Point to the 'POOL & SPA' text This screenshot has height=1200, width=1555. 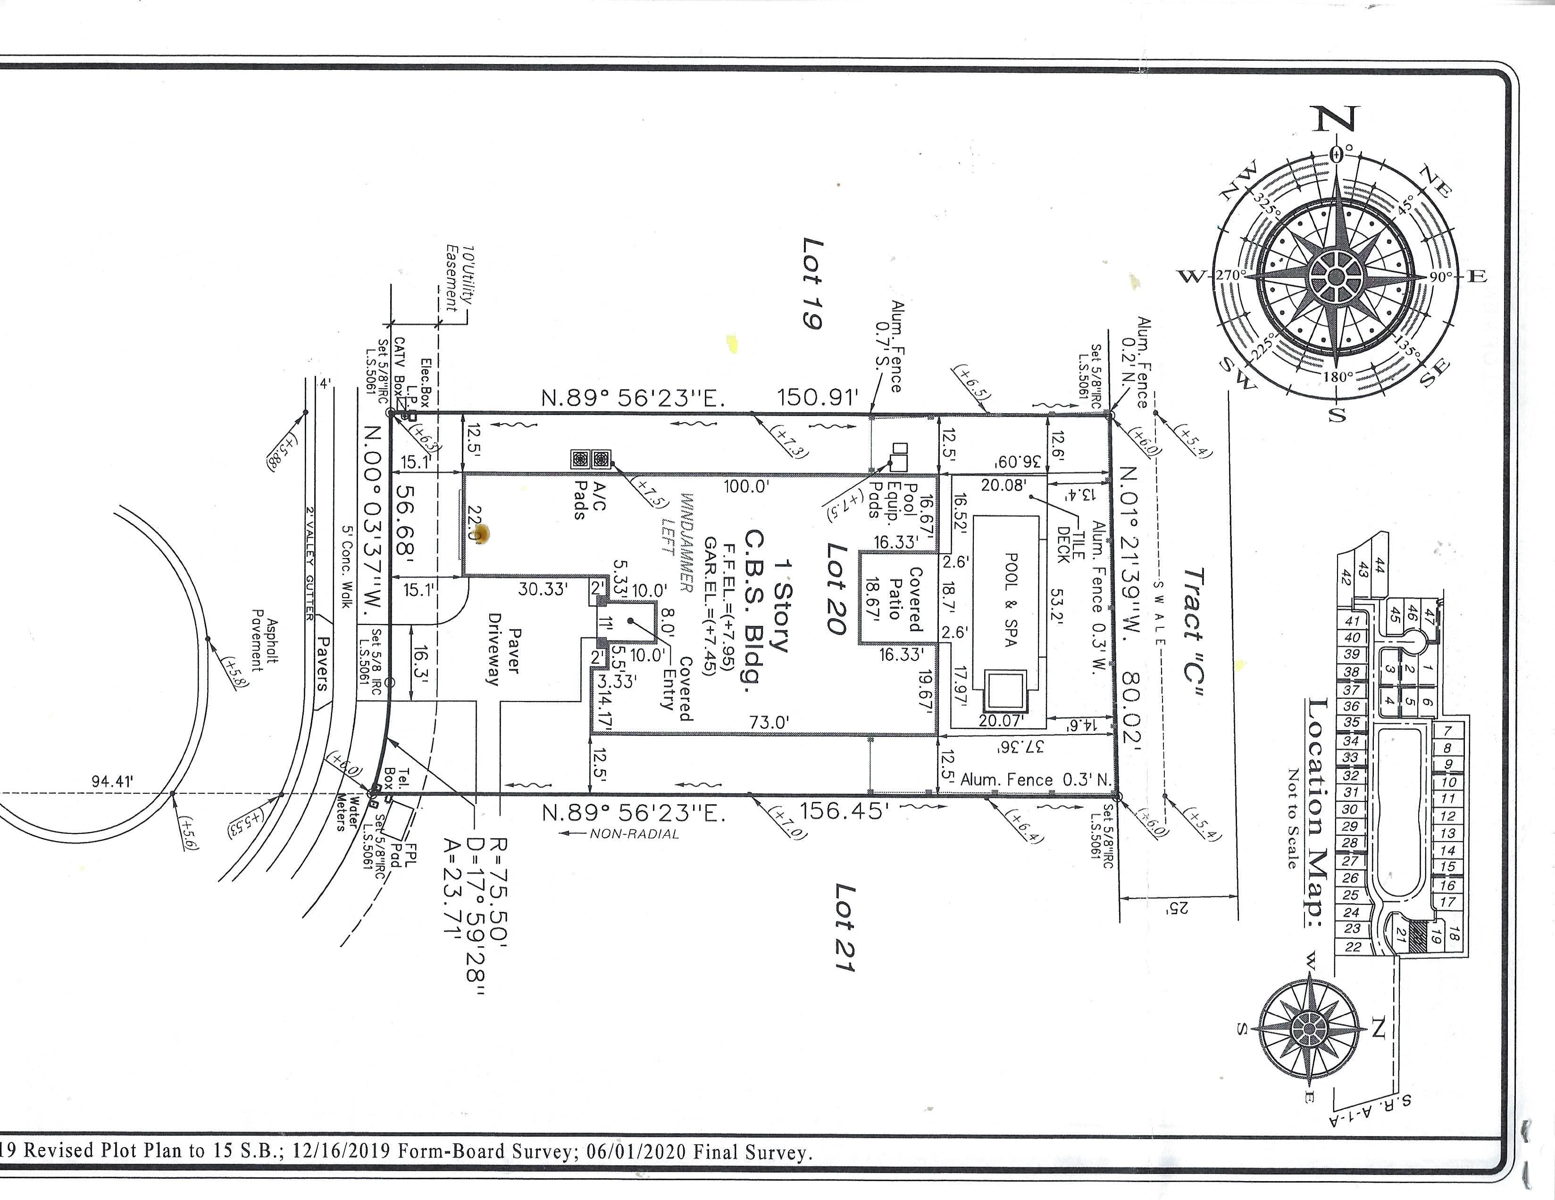point(1010,599)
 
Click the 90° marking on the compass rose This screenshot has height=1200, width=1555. point(1440,276)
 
